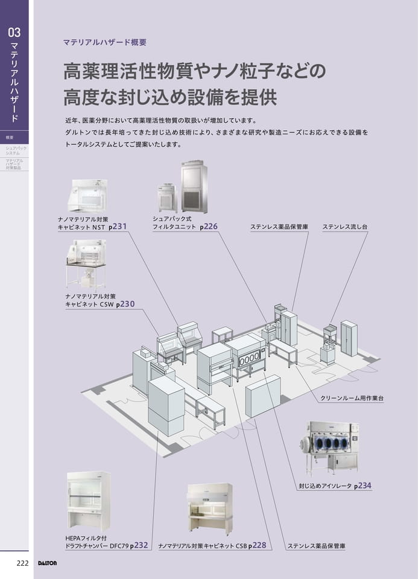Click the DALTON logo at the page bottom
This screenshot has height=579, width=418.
coord(47,563)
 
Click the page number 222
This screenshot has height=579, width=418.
coord(22,563)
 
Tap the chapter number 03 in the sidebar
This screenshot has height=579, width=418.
coord(14,33)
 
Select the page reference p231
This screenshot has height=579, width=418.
coord(118,227)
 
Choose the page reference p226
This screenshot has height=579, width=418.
coord(209,227)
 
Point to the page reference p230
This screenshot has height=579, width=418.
coord(125,304)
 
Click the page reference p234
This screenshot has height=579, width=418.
coord(363,486)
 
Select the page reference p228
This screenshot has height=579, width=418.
coord(257,545)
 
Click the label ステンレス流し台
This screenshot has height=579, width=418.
coord(345,227)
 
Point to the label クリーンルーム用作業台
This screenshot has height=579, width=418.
coord(352,398)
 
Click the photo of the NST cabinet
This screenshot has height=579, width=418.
coord(89,196)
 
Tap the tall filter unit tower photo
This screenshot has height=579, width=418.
coord(194,187)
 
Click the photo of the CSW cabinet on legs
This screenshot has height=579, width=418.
coord(86,264)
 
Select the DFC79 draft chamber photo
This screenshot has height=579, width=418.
coord(88,501)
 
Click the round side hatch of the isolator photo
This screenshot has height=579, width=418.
coord(306,443)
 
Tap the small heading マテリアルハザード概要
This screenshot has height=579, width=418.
coord(105,42)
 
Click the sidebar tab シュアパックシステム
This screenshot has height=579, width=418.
coord(16,150)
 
